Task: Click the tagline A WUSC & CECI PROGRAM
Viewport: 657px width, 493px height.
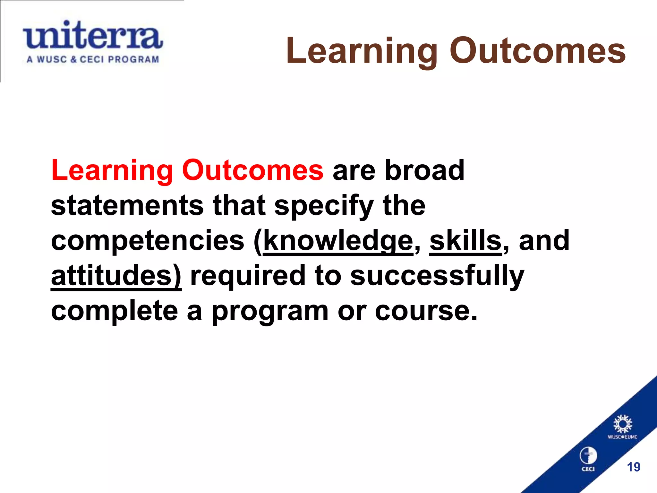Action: coord(93,60)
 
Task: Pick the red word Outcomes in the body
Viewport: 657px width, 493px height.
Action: coord(252,170)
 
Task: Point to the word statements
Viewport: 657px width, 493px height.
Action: coord(127,205)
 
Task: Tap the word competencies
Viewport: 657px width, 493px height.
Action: coord(148,241)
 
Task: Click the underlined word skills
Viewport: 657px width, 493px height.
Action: coord(465,241)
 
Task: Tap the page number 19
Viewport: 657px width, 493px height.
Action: coord(634,467)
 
